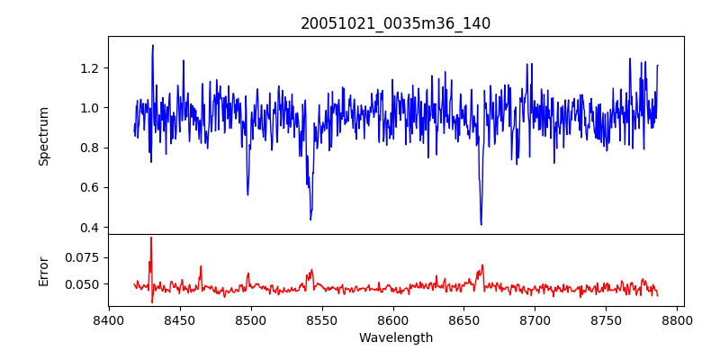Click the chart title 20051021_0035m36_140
[395, 24]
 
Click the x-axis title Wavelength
[395, 338]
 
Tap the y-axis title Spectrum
[44, 135]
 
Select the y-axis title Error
[44, 270]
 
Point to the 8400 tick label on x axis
[109, 320]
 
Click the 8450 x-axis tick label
[180, 320]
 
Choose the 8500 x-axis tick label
[251, 320]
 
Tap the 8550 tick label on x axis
[322, 320]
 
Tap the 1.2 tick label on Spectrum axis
[90, 68]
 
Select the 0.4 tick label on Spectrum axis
[90, 228]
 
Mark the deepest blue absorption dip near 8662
[481, 224]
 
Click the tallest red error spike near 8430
[151, 238]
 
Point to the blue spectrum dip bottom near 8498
[247, 194]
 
